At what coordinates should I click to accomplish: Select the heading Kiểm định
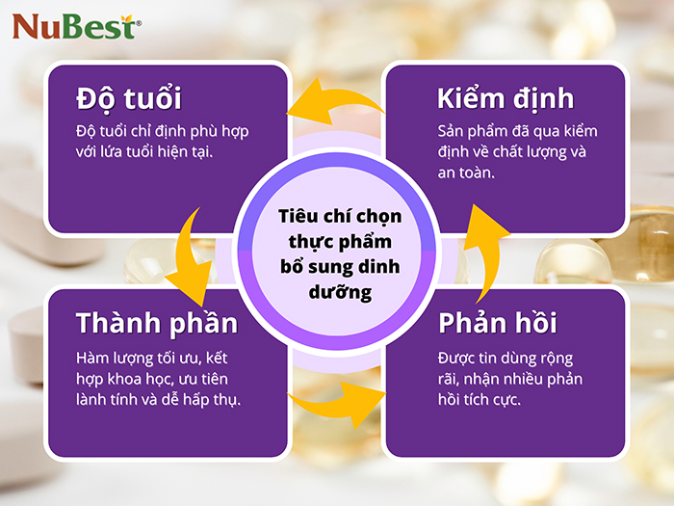point(505,98)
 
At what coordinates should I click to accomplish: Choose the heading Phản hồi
point(498,322)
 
